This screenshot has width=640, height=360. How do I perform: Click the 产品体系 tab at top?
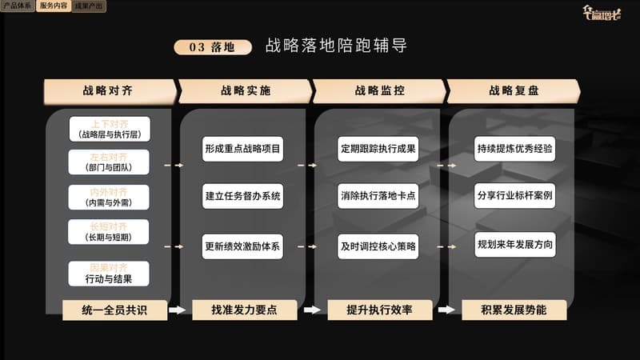point(18,6)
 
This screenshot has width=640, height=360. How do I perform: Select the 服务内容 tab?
point(53,6)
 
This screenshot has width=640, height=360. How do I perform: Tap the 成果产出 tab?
point(88,6)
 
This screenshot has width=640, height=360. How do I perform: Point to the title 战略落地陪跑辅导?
point(336,46)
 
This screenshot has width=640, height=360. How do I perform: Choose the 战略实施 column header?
point(243,91)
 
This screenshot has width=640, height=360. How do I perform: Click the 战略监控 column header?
point(378,91)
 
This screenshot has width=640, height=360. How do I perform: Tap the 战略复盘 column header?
point(514,91)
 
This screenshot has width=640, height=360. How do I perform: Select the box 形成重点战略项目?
point(242,149)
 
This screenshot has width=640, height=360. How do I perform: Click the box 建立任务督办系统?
point(242,196)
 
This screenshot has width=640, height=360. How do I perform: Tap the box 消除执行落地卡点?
point(378,196)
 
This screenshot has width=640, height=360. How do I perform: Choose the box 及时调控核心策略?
point(378,246)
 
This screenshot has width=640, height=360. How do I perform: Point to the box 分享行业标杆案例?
point(514,196)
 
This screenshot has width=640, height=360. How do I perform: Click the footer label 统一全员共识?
point(114,310)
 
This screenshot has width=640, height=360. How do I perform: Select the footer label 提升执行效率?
point(380,310)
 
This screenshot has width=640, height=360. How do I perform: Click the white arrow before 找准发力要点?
point(178,310)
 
